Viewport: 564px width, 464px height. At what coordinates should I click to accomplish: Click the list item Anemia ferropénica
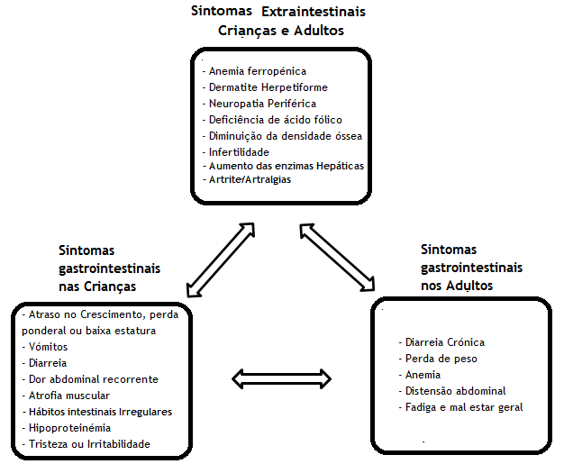[x=254, y=71]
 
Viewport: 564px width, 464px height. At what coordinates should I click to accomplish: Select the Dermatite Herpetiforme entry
[x=265, y=87]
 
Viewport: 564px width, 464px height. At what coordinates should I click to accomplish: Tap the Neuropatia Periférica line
[x=259, y=104]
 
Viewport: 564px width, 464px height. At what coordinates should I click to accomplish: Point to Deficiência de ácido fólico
[x=272, y=120]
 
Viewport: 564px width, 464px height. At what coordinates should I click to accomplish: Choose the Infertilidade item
[x=235, y=152]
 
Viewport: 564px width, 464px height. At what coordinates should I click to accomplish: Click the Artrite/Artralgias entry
[x=247, y=179]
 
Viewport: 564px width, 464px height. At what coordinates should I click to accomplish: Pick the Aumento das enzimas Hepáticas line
[x=284, y=166]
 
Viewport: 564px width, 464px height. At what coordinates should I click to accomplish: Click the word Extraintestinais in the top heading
[x=314, y=12]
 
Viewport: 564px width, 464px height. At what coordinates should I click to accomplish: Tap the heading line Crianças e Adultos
[x=281, y=31]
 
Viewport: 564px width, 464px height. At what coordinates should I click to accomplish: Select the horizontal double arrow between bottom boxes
[x=282, y=378]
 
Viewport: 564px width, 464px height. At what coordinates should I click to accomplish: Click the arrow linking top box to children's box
[x=221, y=259]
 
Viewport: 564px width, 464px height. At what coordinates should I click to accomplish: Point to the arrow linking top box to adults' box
[x=337, y=257]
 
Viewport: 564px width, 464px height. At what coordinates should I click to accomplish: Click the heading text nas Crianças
[x=97, y=287]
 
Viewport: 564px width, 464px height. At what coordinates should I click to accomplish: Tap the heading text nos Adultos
[x=457, y=286]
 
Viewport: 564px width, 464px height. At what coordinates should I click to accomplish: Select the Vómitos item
[x=45, y=347]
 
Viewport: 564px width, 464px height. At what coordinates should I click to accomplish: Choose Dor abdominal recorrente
[x=90, y=379]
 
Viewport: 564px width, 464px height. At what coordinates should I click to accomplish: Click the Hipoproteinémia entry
[x=67, y=428]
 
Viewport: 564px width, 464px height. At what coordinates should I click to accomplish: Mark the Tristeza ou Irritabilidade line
[x=86, y=444]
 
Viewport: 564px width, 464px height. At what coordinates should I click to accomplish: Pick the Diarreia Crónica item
[x=441, y=342]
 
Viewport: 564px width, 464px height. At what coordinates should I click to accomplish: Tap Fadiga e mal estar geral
[x=460, y=407]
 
